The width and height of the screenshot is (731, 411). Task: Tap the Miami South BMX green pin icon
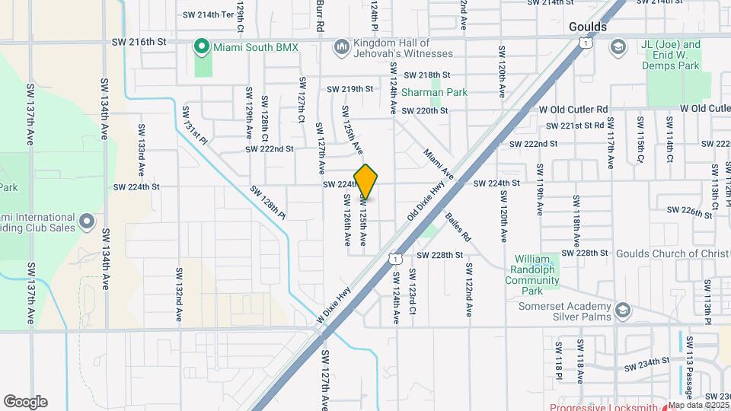tap(202, 47)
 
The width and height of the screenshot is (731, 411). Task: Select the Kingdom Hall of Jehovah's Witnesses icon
tap(340, 47)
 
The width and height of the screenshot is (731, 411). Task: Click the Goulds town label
tap(588, 27)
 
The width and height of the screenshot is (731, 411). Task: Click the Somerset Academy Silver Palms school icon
tap(624, 310)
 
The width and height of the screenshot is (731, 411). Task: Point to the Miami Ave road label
tap(439, 164)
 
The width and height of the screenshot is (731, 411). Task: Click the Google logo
tap(25, 401)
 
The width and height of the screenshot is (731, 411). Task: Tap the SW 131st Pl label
tap(193, 125)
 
